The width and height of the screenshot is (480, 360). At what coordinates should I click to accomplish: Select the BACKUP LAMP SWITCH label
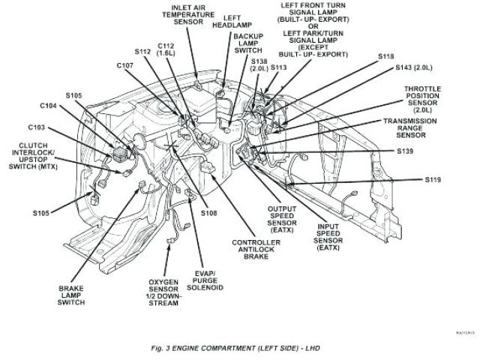pos(246,45)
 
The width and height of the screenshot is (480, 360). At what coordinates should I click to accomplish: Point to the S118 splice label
pos(385,57)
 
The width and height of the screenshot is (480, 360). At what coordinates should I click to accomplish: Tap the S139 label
pos(405,151)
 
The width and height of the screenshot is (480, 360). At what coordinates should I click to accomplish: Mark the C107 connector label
pos(124,66)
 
